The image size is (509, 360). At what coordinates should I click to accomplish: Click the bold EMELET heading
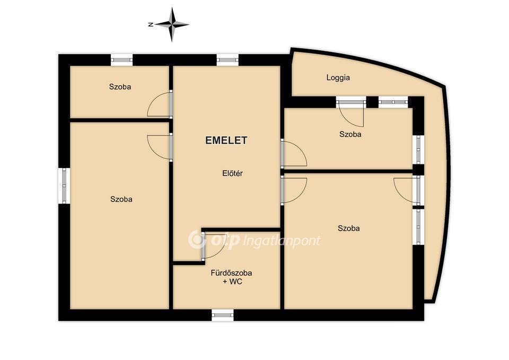pos(226,140)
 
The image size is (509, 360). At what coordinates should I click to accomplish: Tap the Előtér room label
pos(232,173)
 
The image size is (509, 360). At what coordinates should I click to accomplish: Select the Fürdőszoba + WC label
pos(232,277)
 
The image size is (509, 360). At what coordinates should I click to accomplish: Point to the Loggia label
pos(338,78)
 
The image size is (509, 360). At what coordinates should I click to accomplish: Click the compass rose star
pos(172,24)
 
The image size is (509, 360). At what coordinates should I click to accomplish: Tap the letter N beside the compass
pos(151,24)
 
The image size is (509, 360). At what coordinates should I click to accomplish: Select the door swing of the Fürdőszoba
pos(214,246)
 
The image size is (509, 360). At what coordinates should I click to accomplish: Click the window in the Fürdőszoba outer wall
pos(223,315)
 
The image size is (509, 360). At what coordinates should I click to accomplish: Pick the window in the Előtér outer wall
pos(227,60)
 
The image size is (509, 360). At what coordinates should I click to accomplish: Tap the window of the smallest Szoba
pos(122,60)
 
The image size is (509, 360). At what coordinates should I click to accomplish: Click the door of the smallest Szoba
pos(160,104)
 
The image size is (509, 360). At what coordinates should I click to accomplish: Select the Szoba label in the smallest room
pos(120,87)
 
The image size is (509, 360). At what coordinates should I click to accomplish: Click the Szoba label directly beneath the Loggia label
pos(350,134)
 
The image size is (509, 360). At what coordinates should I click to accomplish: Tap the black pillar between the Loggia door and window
pos(372,102)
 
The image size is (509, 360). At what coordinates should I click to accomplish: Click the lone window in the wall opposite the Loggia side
pos(64,186)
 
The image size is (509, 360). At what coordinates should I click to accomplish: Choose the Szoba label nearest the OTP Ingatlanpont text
pos(349,229)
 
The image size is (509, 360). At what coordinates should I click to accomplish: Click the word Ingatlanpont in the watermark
pos(282,241)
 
